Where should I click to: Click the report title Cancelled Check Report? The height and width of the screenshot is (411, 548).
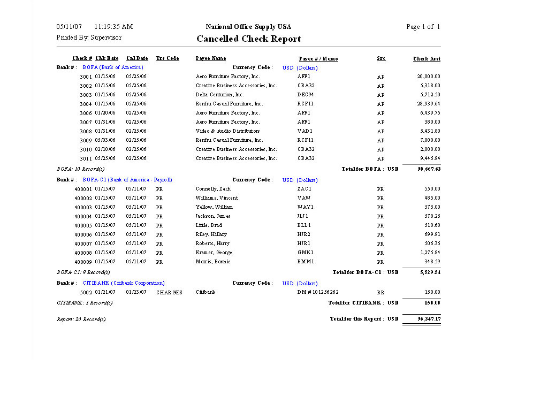(248, 39)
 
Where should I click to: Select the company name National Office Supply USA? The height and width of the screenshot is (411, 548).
(248, 27)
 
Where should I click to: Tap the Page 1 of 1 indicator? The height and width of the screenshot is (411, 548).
(423, 27)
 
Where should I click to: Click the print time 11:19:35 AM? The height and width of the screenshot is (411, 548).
(113, 27)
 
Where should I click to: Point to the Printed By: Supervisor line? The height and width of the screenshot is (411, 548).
(89, 37)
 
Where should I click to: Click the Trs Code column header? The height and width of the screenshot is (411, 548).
(168, 58)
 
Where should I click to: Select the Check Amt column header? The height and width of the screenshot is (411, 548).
(427, 59)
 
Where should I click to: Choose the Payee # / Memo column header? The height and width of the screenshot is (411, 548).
(318, 59)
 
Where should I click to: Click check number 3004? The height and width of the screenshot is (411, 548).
(86, 104)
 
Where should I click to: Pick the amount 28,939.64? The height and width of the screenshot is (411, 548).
(429, 104)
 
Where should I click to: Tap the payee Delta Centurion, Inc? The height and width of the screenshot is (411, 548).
(220, 95)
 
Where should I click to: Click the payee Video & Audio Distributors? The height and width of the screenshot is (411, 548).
(227, 131)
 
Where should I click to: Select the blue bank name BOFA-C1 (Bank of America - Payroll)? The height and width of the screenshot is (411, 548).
(127, 180)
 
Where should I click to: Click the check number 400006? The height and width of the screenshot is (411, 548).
(83, 235)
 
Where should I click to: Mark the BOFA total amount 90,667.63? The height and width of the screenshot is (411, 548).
(429, 169)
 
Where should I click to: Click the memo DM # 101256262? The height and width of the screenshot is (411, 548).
(318, 292)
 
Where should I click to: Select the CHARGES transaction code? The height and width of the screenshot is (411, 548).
(169, 293)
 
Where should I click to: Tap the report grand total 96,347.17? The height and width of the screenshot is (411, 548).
(429, 319)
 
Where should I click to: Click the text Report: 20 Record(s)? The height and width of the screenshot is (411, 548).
(81, 319)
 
